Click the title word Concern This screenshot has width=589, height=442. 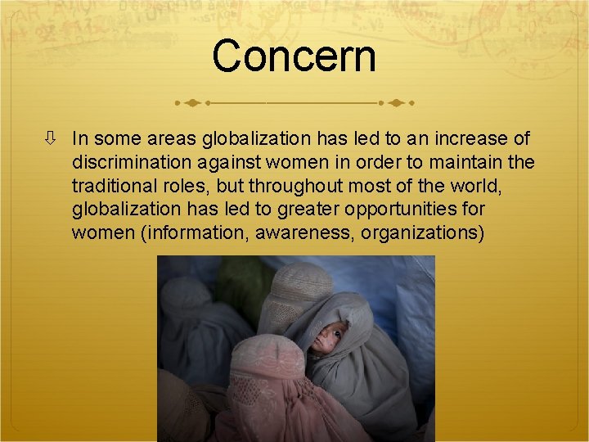point(294,56)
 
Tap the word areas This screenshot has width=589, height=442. point(171,139)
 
